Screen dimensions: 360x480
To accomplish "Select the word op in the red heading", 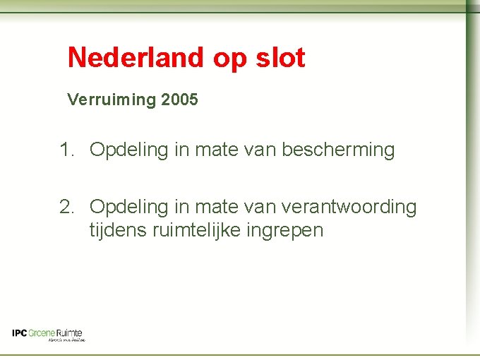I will (x=230, y=59).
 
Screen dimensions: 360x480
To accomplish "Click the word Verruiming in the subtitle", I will (x=111, y=100).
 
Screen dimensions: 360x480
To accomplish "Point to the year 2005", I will (x=179, y=100).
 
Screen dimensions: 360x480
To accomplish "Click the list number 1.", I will (x=66, y=150).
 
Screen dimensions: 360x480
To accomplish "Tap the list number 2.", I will (x=66, y=207).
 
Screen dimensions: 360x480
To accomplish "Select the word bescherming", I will (x=338, y=150).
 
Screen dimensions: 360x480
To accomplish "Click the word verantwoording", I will (x=349, y=207).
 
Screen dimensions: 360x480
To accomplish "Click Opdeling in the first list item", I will (x=130, y=150).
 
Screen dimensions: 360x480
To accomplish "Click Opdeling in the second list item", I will (x=130, y=208).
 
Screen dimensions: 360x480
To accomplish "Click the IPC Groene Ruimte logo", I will (x=48, y=335).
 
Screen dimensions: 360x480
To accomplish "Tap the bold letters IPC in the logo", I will (x=20, y=333).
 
